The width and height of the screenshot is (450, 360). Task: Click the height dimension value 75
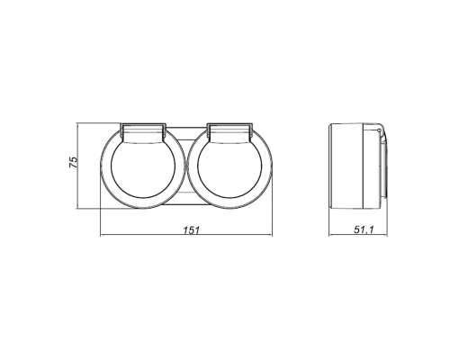75,162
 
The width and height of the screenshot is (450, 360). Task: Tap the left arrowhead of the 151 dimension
102,237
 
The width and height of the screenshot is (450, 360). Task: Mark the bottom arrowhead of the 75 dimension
82,207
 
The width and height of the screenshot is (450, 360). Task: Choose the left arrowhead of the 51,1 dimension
332,237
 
